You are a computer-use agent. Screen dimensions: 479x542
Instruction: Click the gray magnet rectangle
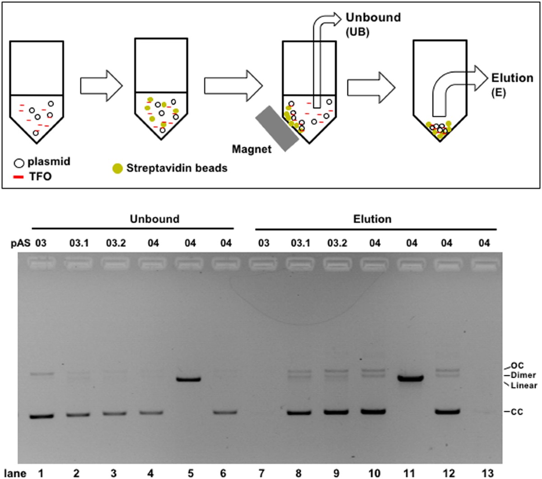[x=277, y=128]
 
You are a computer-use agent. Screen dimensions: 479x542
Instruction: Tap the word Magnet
[x=252, y=148]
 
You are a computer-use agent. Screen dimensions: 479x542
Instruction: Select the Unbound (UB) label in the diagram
[x=373, y=23]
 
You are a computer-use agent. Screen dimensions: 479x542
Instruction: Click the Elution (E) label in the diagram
[x=512, y=83]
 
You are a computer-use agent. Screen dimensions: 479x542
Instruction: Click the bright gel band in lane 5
[x=188, y=379]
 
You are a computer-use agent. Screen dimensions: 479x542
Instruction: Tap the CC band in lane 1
[x=42, y=416]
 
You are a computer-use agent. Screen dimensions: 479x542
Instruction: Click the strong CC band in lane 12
[x=447, y=411]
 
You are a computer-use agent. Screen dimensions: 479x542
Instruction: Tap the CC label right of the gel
[x=518, y=412]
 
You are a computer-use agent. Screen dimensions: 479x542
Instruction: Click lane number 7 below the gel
[x=264, y=473]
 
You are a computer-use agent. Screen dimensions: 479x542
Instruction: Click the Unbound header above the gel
[x=154, y=219]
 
